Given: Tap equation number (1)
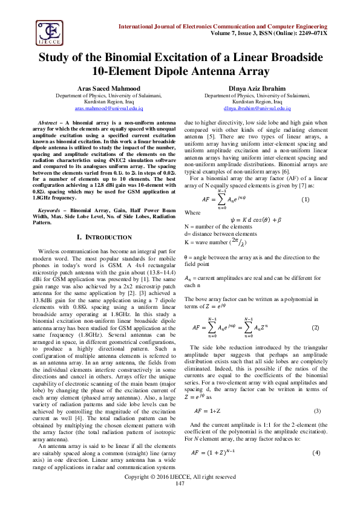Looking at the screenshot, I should tap(306, 199).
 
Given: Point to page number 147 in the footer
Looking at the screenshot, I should tap(180, 501).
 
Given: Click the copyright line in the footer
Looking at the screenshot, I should tap(180, 493).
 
